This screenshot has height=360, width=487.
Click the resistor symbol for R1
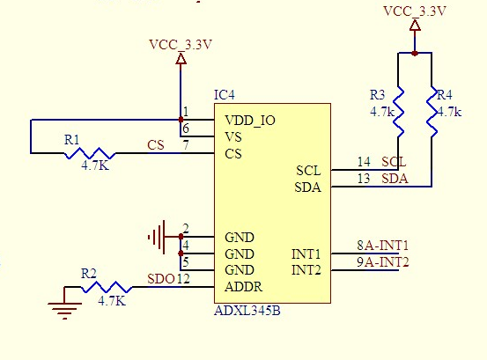90,153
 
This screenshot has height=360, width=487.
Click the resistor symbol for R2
107,287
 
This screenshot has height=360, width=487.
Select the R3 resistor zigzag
398,112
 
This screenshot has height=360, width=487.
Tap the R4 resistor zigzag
432,112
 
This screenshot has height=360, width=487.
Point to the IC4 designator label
225,95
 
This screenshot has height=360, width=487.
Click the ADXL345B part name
247,311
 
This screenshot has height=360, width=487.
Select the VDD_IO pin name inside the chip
250,121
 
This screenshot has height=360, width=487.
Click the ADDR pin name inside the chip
244,287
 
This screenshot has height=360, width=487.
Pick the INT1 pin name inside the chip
306,254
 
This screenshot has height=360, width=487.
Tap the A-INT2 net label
387,262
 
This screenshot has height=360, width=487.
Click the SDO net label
161,279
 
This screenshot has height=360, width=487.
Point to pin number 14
364,162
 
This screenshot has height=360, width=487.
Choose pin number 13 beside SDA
364,179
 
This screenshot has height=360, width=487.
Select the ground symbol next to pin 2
157,237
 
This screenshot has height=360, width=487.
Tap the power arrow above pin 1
181,59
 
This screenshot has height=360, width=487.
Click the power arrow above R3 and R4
415,26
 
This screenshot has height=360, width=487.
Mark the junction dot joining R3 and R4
415,54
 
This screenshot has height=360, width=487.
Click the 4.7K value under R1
95,166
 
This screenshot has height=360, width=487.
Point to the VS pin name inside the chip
233,137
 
